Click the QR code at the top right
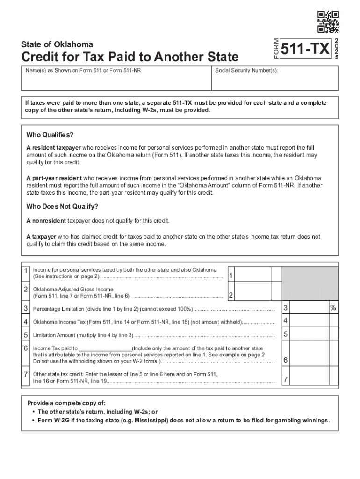(328, 22)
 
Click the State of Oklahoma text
(57, 44)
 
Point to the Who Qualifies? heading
(50, 135)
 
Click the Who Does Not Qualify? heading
(62, 206)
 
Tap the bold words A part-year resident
(54, 178)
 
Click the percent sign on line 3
(333, 308)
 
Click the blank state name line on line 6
(106, 348)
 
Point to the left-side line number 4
(25, 321)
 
